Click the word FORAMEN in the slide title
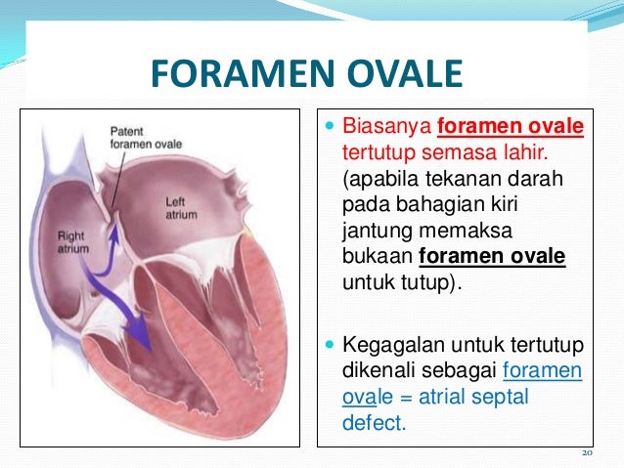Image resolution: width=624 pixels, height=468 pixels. click(229, 74)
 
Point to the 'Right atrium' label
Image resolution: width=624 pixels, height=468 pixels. click(72, 241)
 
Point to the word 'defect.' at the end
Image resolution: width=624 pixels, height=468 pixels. click(373, 423)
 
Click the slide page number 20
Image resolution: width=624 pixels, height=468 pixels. click(587, 453)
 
